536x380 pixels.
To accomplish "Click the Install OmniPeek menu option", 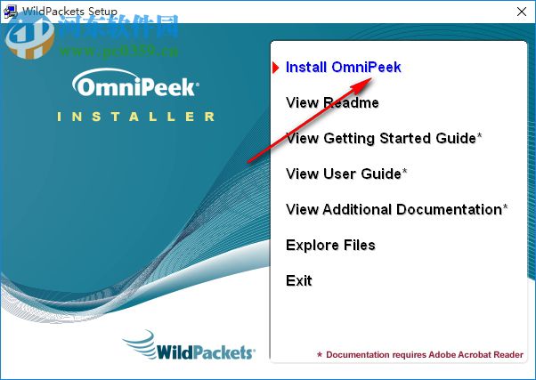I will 343,68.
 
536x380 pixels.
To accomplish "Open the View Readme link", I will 332,103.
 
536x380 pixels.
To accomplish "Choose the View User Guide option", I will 345,174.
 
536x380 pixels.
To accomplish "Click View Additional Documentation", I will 396,210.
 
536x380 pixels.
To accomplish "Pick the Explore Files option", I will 330,246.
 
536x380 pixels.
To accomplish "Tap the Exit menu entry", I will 299,281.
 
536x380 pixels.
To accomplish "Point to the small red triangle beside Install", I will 277,67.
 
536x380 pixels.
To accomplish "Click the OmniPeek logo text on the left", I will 135,87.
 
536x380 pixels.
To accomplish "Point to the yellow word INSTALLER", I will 135,117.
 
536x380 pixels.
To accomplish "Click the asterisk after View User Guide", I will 405,172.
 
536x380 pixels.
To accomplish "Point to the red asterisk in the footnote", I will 320,354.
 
